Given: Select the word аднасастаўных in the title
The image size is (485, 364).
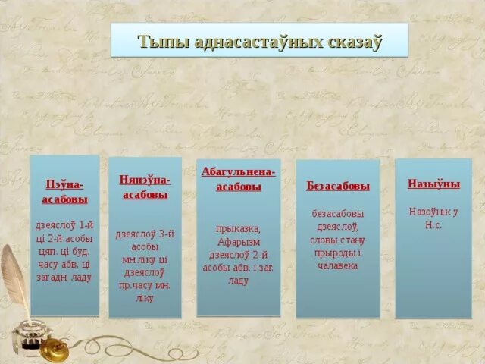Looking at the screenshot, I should [x=249, y=41].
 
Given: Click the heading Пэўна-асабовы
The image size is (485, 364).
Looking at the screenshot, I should [x=64, y=192].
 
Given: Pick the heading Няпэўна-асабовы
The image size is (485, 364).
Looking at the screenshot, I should [x=145, y=187].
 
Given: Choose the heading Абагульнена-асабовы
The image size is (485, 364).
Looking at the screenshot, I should [x=238, y=179].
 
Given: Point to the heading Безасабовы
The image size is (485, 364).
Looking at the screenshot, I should [x=338, y=186].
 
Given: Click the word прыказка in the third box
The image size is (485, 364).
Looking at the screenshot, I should [x=238, y=228].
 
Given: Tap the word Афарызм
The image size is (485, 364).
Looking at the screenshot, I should [x=239, y=242].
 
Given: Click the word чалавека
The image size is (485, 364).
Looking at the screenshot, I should [x=338, y=266].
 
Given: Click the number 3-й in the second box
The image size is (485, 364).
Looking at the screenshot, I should [x=165, y=234].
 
